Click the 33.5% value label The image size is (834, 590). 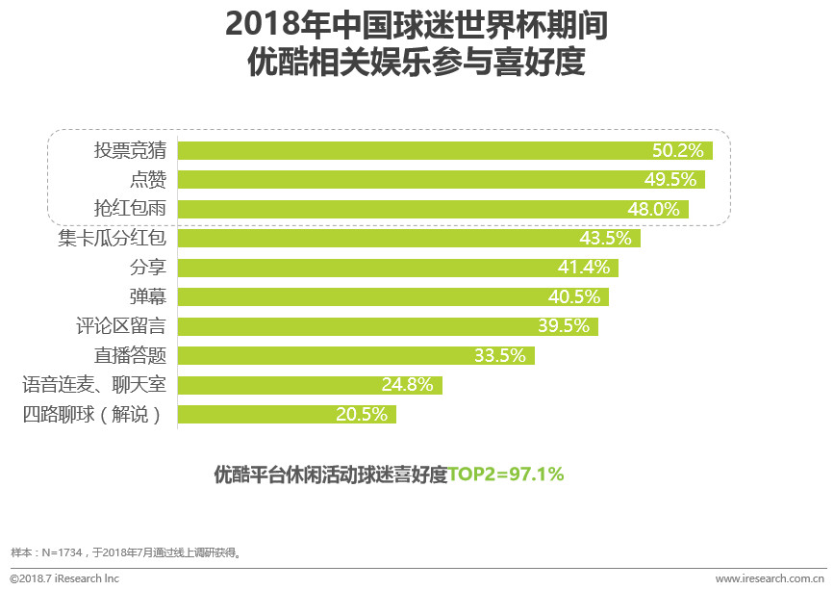point(500,356)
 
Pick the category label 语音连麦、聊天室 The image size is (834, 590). point(94,385)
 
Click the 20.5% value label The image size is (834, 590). point(362,415)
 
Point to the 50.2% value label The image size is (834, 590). point(679,150)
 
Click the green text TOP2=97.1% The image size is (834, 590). point(506,475)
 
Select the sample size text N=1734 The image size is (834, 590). point(63,553)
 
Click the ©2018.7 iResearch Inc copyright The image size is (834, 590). point(64,578)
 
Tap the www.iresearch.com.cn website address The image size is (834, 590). point(770,578)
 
